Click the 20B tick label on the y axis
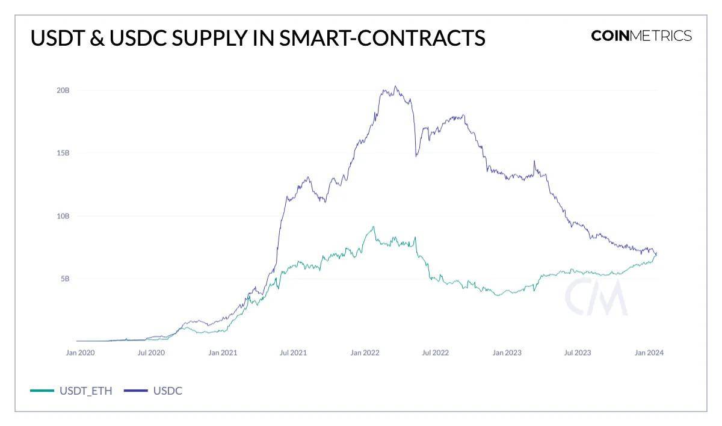[x=63, y=90]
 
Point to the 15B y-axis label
[x=63, y=153]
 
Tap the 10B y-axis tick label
[x=63, y=216]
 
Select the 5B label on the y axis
[x=65, y=279]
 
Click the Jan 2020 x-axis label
[x=80, y=353]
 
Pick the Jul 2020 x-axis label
[x=151, y=353]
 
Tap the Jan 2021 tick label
[x=223, y=353]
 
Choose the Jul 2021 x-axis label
[x=293, y=353]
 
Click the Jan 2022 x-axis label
[x=365, y=353]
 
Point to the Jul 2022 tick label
[x=435, y=353]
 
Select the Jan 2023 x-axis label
[x=507, y=353]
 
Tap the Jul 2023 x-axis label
[x=578, y=353]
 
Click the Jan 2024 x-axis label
[x=649, y=353]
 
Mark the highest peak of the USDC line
[x=395, y=86]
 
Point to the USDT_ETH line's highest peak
[x=374, y=227]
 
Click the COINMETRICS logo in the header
[x=641, y=36]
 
